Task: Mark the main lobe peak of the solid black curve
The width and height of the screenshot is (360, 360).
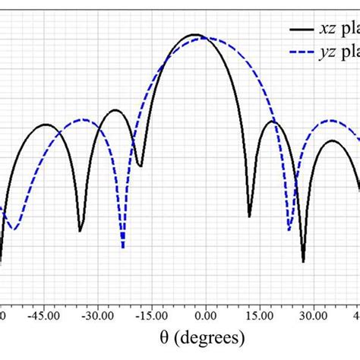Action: coord(195,35)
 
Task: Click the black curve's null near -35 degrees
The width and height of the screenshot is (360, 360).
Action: coord(81,229)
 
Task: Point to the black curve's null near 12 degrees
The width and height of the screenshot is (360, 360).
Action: coord(250,216)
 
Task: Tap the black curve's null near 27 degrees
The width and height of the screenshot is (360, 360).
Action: coord(303,261)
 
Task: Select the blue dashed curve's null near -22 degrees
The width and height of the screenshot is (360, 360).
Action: coord(123,247)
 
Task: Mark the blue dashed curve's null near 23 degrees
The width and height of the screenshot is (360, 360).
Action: coord(289,229)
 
